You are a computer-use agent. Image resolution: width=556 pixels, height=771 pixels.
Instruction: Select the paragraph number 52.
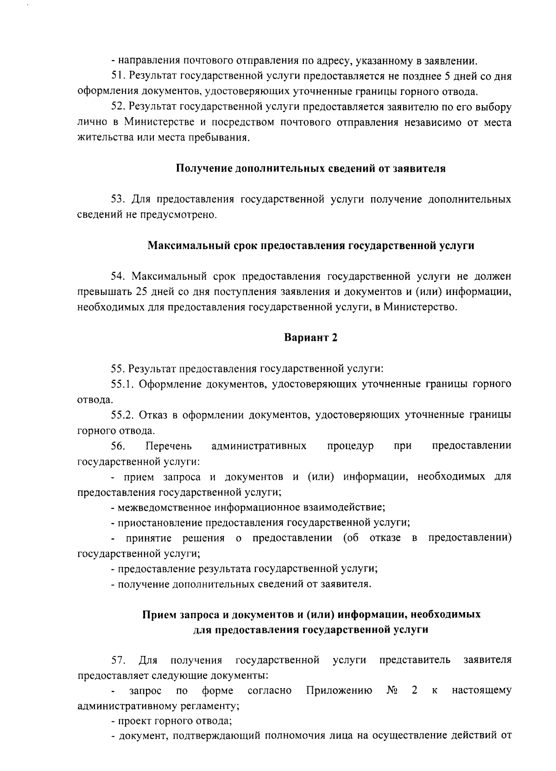point(118,107)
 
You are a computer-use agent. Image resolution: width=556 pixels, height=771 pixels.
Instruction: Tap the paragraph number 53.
point(118,200)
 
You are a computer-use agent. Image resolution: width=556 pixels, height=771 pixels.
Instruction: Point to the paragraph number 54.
point(118,277)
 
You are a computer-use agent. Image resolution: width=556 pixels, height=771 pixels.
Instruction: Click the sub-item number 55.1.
point(122,384)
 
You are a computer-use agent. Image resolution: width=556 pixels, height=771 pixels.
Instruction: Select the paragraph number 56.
point(118,446)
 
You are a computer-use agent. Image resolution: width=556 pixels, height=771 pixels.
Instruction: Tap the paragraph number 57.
point(118,660)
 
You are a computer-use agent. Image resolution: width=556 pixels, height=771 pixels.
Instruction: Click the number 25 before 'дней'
point(142,292)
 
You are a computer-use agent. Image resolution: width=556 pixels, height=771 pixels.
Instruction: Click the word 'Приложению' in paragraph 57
point(340,691)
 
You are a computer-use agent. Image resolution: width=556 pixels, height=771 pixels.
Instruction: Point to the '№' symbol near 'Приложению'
point(392,691)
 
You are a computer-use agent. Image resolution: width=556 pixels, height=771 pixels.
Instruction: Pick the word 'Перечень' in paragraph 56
point(168,446)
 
